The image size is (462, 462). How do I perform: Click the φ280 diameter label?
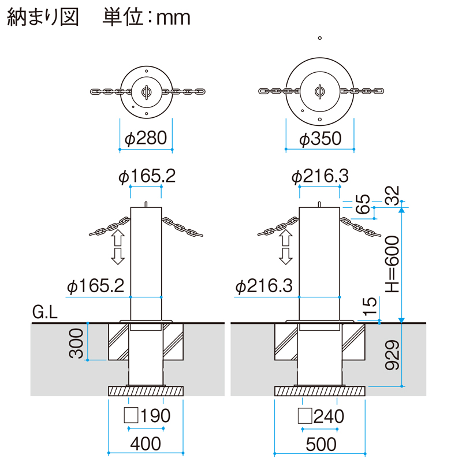(146, 138)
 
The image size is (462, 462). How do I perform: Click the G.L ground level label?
(45, 314)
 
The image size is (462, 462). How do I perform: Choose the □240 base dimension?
(321, 415)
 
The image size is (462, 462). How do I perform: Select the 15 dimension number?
(371, 306)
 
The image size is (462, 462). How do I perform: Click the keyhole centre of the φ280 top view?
(146, 92)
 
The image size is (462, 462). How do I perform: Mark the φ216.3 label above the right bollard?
(320, 177)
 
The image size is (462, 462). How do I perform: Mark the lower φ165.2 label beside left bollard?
(96, 285)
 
